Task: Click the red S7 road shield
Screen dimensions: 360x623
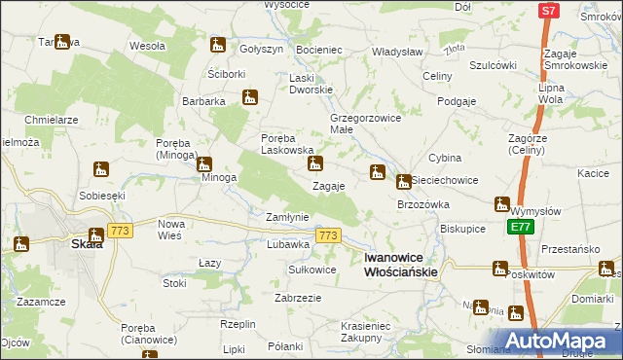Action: pyautogui.click(x=548, y=11)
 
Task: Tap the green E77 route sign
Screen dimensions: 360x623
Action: pyautogui.click(x=518, y=227)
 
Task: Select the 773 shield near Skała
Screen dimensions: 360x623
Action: pyautogui.click(x=121, y=231)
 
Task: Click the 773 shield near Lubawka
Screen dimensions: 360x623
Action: pyautogui.click(x=327, y=236)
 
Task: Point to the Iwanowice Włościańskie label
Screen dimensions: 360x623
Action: pyautogui.click(x=400, y=265)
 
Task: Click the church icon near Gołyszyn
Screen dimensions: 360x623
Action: pyautogui.click(x=217, y=45)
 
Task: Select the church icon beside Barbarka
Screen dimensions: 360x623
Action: pyautogui.click(x=250, y=97)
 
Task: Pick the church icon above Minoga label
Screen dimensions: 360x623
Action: pyautogui.click(x=203, y=162)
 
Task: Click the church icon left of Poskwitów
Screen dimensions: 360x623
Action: pyautogui.click(x=500, y=269)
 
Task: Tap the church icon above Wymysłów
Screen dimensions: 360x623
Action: pyautogui.click(x=501, y=204)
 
